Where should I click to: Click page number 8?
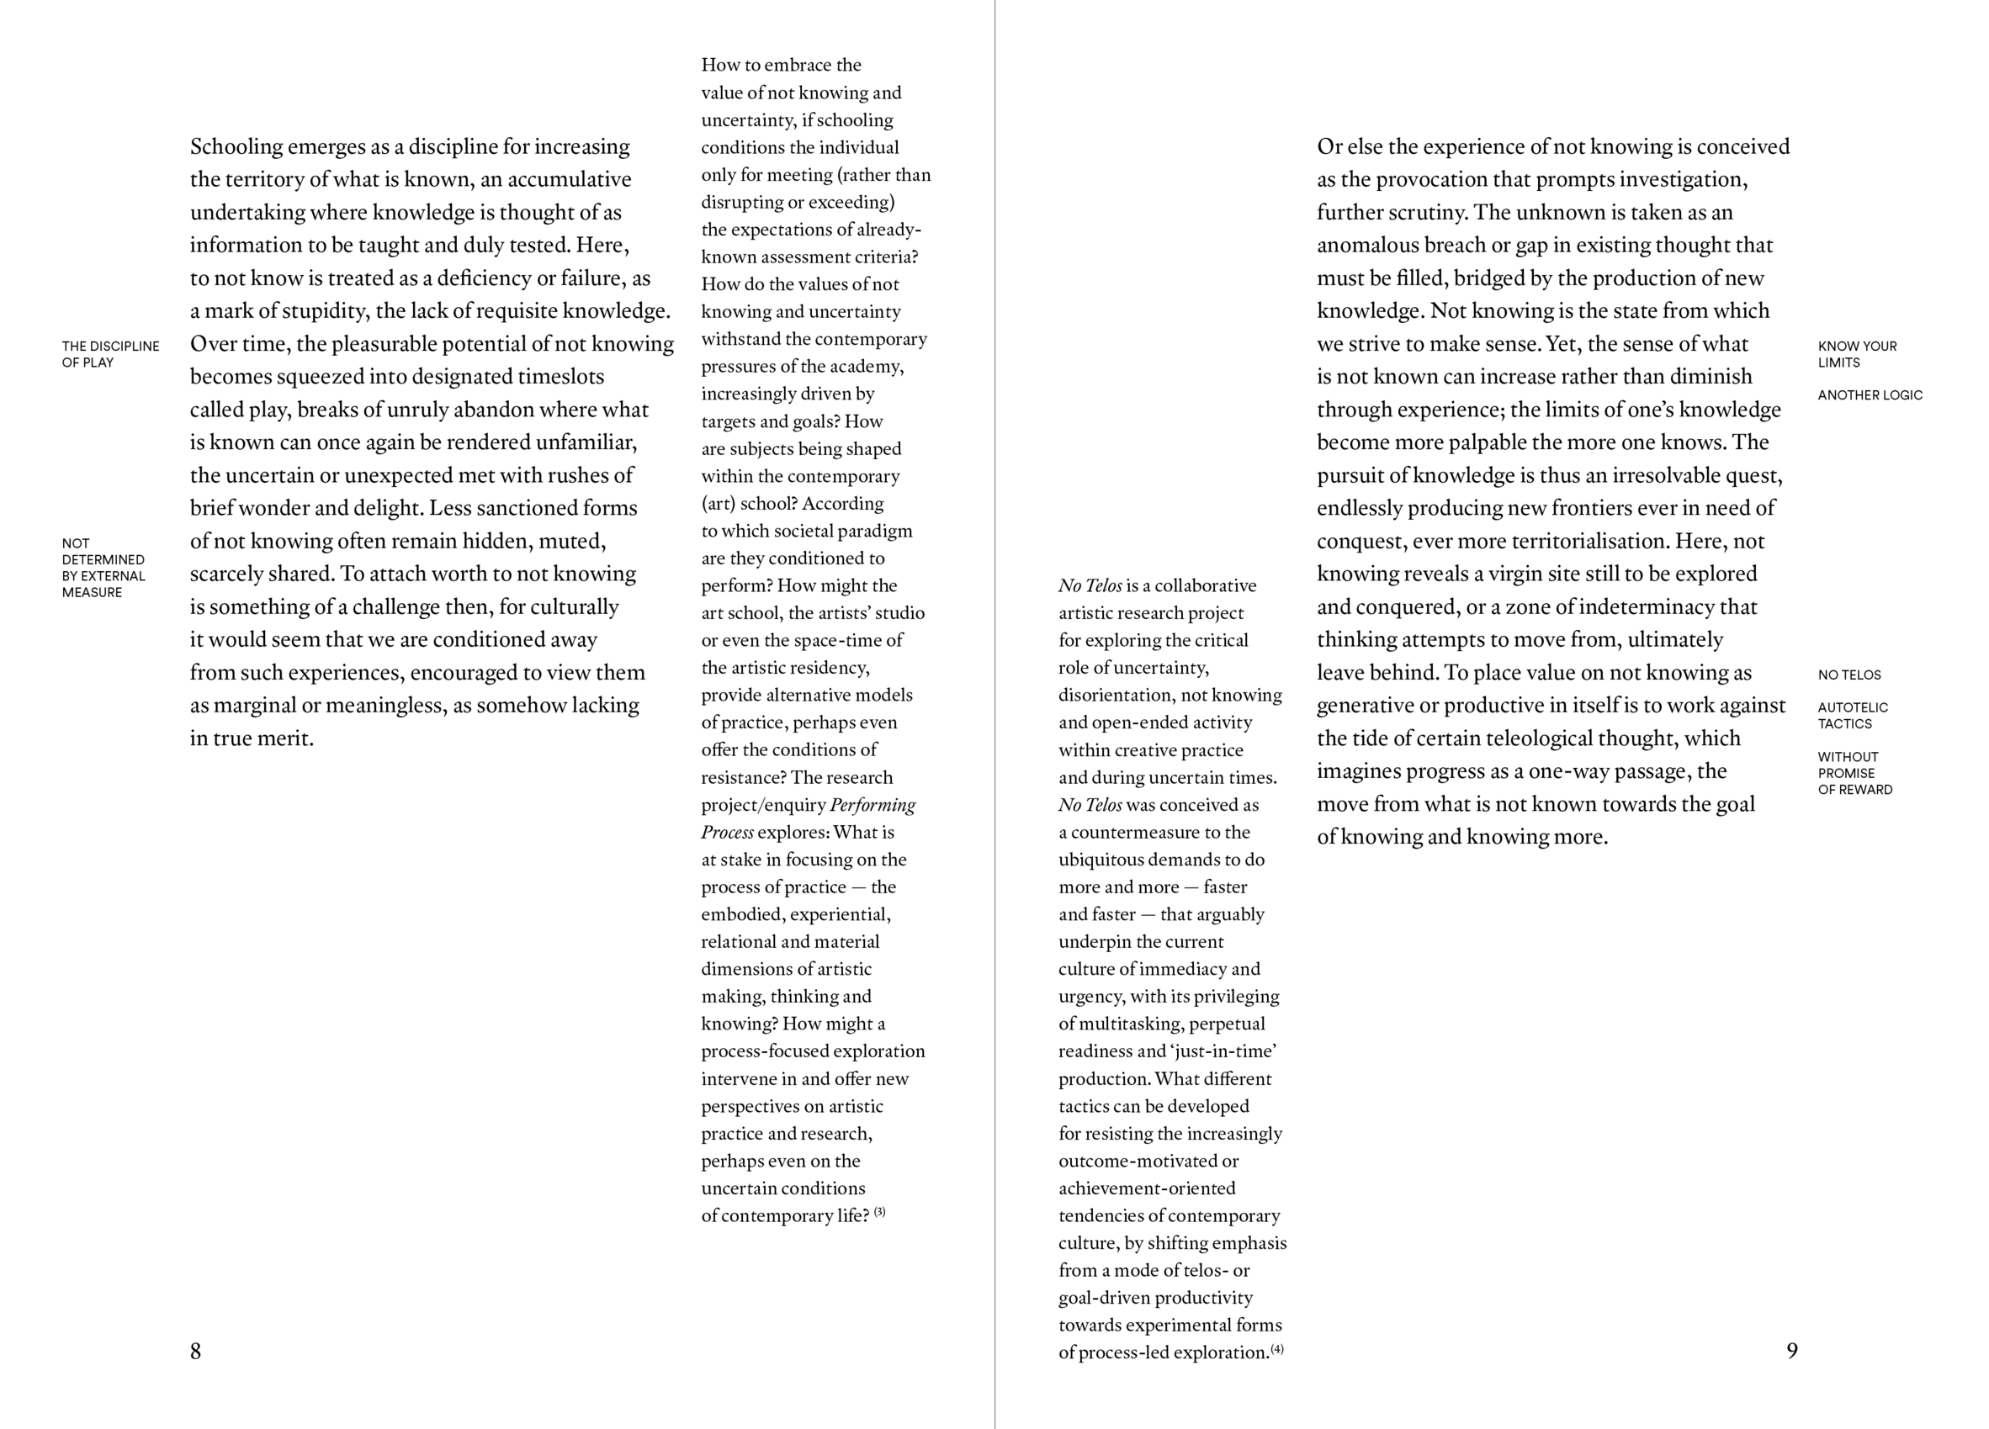tap(195, 1351)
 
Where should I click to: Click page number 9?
tap(1791, 1351)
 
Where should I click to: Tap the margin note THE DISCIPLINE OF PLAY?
tap(110, 354)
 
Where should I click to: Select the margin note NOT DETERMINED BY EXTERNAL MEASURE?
tap(103, 568)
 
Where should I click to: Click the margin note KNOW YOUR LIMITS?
tap(1857, 354)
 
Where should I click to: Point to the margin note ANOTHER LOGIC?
tap(1870, 395)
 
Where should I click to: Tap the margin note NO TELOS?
tap(1848, 675)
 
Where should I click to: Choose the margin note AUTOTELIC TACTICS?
tap(1852, 716)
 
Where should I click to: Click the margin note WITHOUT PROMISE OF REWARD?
tap(1855, 773)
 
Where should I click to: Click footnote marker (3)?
tap(879, 1213)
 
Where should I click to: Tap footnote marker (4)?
tap(1277, 1349)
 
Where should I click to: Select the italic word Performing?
tap(872, 805)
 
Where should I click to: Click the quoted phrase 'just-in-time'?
tap(1223, 1051)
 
